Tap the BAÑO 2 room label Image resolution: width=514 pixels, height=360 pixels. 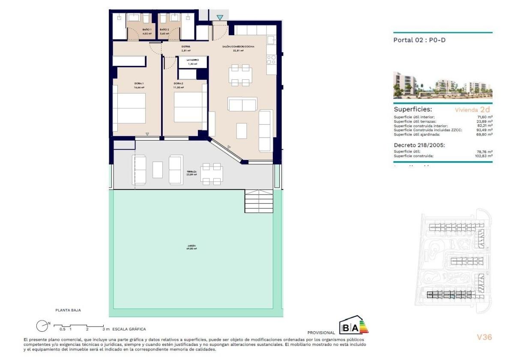(164, 30)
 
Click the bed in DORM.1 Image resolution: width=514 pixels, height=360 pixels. (129, 109)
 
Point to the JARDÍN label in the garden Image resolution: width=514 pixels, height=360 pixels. (191, 246)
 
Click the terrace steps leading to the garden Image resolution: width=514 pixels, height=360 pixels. (259, 201)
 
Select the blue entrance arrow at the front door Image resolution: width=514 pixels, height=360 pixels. (220, 18)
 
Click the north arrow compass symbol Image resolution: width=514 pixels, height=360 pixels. (42, 326)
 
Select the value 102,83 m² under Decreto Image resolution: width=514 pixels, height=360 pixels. (484, 156)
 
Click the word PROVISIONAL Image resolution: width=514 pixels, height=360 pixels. (321, 332)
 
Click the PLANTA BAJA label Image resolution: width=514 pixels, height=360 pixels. (68, 309)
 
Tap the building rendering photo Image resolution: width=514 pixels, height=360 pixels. (442, 85)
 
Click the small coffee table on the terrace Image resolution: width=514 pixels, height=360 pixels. (158, 170)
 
